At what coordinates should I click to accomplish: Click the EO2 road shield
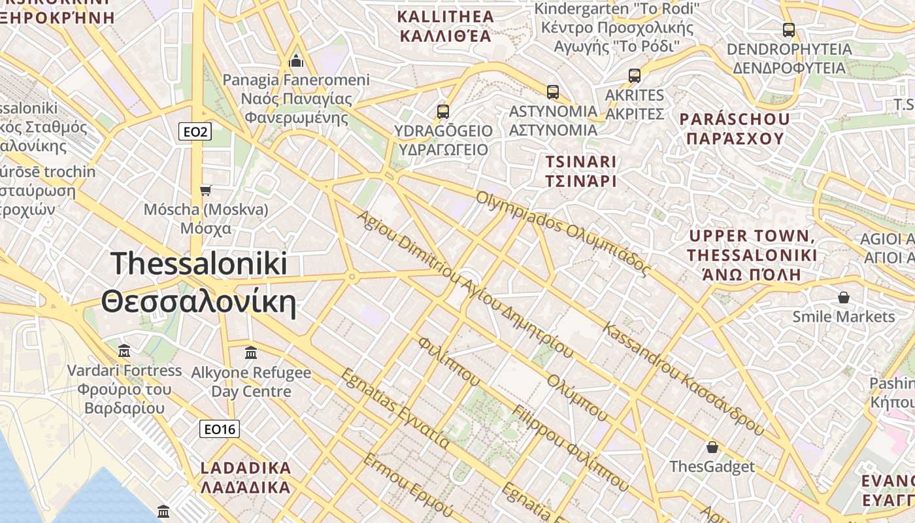[x=195, y=132]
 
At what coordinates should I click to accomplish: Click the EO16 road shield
[x=220, y=429]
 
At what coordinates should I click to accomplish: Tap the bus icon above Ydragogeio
[x=443, y=111]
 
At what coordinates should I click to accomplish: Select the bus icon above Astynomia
[x=553, y=92]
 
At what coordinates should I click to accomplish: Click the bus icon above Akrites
[x=635, y=76]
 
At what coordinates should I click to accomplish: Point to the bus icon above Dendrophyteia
[x=789, y=30]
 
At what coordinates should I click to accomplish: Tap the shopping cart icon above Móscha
[x=206, y=190]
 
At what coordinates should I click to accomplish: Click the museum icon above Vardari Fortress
[x=124, y=351]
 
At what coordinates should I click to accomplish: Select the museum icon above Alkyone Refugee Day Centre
[x=251, y=353]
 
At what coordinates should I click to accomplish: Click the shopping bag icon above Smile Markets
[x=844, y=298]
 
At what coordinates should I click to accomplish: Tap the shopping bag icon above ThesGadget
[x=712, y=448]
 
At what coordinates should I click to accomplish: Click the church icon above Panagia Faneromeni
[x=296, y=61]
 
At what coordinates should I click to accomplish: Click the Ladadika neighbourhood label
[x=246, y=478]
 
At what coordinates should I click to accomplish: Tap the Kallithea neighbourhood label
[x=444, y=26]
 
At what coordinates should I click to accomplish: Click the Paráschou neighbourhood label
[x=735, y=129]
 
